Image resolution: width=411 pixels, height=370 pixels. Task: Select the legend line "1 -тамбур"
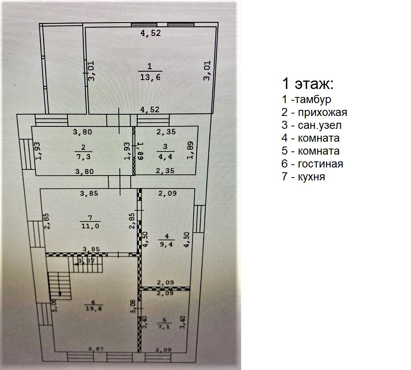[306, 99]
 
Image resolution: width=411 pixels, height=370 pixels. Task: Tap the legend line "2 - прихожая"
[314, 112]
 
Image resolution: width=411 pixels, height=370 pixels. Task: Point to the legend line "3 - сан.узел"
[312, 125]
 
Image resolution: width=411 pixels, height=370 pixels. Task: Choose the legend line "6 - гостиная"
[312, 164]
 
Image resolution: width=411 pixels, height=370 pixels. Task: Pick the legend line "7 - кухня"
[303, 177]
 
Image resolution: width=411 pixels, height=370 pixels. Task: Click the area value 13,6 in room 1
[150, 77]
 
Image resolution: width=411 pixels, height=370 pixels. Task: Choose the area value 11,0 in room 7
[89, 226]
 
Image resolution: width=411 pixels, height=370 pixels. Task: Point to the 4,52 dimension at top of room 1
[150, 33]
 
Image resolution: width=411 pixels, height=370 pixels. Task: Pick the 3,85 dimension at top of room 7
[89, 194]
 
